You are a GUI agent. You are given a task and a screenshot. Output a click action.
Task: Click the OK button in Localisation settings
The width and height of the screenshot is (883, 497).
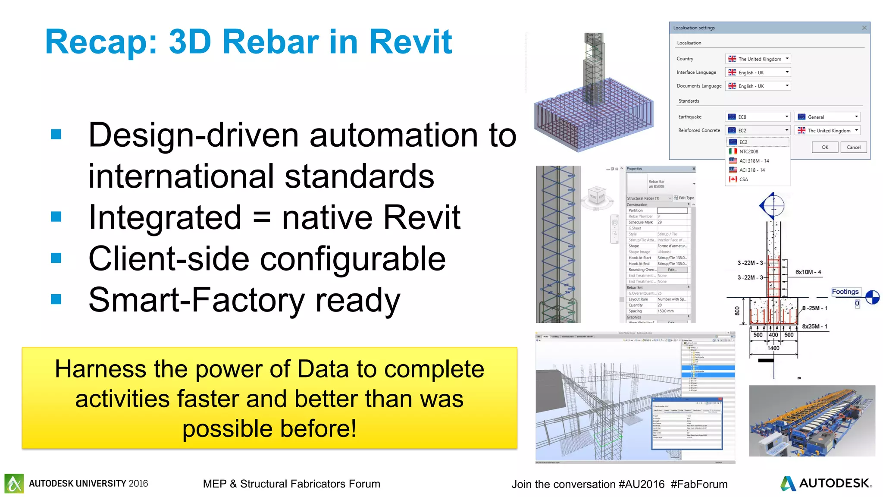[825, 147]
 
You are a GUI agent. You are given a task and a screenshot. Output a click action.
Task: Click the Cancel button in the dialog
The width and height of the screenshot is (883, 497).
[853, 147]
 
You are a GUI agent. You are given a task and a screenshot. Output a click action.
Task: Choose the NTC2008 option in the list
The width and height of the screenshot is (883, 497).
[748, 151]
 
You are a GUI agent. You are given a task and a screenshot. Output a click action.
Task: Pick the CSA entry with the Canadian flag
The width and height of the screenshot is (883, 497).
[743, 179]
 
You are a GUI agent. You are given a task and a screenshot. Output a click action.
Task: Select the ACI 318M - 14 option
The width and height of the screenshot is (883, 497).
[754, 160]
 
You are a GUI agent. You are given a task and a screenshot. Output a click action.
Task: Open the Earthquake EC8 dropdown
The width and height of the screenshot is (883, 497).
[758, 117]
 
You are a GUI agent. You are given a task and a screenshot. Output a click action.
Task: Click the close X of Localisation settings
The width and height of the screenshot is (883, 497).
[864, 28]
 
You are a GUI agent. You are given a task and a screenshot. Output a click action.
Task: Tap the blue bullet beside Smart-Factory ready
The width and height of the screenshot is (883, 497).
[56, 299]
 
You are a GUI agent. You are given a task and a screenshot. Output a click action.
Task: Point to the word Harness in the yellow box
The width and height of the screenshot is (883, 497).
[100, 369]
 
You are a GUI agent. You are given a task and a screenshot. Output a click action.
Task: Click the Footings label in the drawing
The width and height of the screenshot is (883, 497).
[845, 292]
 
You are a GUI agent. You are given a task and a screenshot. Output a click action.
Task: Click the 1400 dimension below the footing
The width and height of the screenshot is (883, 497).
[773, 348]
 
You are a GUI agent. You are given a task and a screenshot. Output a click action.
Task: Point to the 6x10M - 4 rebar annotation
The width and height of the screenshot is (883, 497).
[808, 272]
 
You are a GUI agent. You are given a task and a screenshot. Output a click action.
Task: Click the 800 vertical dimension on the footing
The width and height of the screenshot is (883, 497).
[737, 310]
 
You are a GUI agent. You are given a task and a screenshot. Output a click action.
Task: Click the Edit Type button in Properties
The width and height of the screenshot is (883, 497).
[684, 198]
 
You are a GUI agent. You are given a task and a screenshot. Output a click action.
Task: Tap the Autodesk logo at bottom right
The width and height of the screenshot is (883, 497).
[826, 483]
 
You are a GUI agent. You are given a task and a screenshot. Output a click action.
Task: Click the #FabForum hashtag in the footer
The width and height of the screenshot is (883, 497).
[699, 484]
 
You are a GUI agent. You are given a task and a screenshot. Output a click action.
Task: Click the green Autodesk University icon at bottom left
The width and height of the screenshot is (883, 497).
[14, 483]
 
